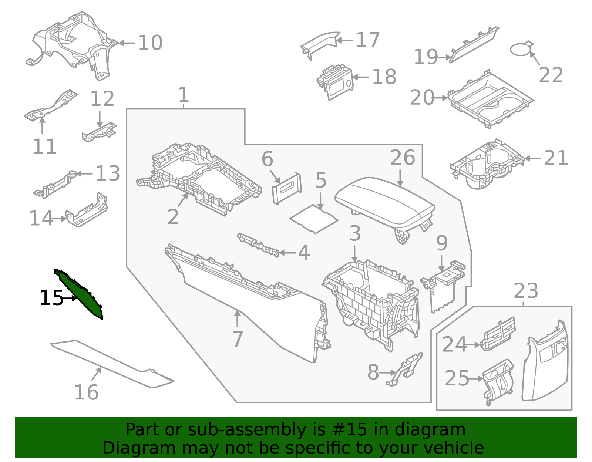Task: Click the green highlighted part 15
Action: point(80,294)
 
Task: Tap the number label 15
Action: point(51,298)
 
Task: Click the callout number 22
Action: point(551,75)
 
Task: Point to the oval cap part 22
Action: point(520,50)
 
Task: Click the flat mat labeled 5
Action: point(314,219)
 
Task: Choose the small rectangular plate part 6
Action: point(287,188)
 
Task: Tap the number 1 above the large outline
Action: point(184,95)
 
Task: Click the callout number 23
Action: point(525,291)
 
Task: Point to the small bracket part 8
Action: point(406,368)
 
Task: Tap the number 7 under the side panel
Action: point(237,339)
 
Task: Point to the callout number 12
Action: point(102,99)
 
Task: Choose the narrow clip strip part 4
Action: point(258,245)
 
